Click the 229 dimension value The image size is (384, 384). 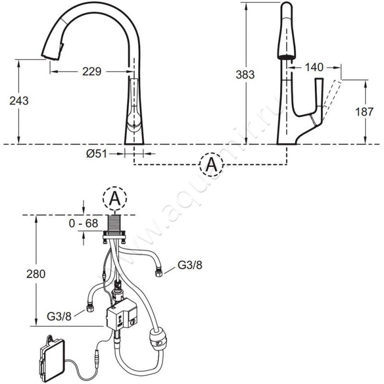point(92,72)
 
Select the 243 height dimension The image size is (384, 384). point(19,101)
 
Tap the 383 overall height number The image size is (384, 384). point(245,74)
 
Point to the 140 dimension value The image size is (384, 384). point(314,67)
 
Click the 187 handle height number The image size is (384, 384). point(364,112)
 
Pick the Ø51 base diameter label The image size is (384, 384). point(97,154)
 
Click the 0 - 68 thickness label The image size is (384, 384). point(84,223)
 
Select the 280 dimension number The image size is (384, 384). point(36,274)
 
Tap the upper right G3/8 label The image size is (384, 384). point(190,265)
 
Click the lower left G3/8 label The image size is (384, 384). point(59,316)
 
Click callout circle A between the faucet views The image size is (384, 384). point(211,165)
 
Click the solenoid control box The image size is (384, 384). point(121,316)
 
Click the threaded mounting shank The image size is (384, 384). point(115,223)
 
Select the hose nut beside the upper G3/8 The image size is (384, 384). point(160,273)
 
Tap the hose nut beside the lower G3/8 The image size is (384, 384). point(90,308)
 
